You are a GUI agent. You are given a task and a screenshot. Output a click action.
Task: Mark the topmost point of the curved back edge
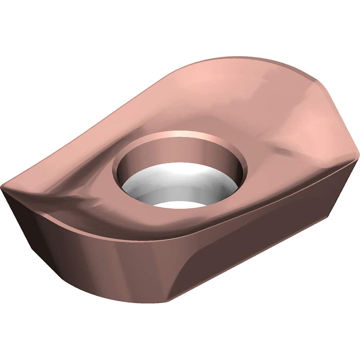coord(245,58)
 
